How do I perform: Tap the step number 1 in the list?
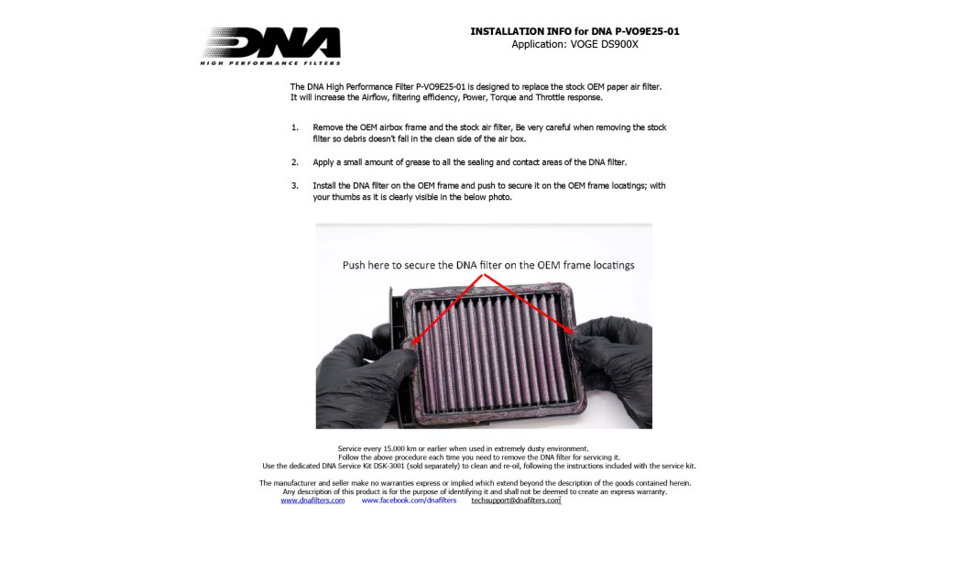[295, 127]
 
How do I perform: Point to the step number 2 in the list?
[295, 162]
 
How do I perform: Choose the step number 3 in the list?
[295, 186]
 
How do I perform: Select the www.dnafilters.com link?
[312, 501]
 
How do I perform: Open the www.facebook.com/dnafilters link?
[409, 501]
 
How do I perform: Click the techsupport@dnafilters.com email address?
[516, 501]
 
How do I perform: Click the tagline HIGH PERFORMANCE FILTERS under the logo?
[270, 62]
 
